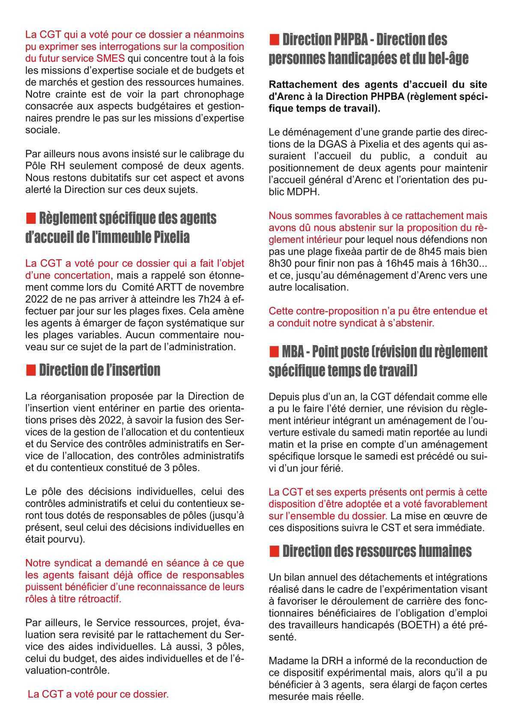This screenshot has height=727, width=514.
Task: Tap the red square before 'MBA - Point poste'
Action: click(273, 352)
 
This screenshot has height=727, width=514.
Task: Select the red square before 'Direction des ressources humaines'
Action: click(273, 551)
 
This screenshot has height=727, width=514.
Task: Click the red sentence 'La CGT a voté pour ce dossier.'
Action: click(98, 694)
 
